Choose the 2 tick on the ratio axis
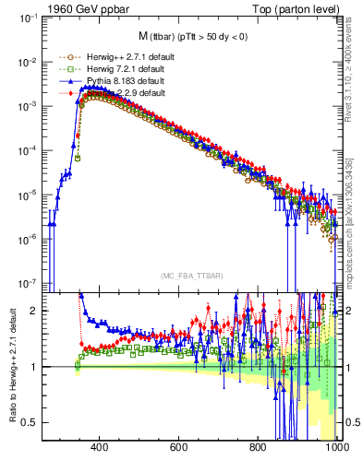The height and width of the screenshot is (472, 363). tap(34, 311)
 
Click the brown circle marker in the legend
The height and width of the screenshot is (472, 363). tap(65, 57)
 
